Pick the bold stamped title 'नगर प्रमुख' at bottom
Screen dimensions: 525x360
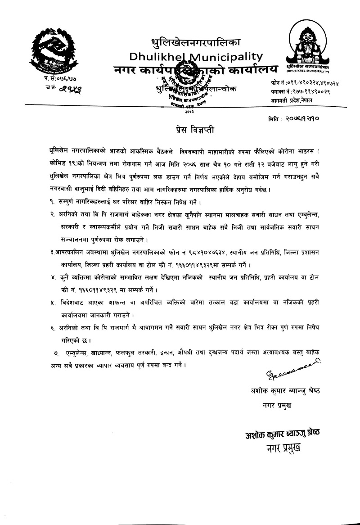coord(283,448)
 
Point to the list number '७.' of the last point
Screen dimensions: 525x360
coord(56,351)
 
